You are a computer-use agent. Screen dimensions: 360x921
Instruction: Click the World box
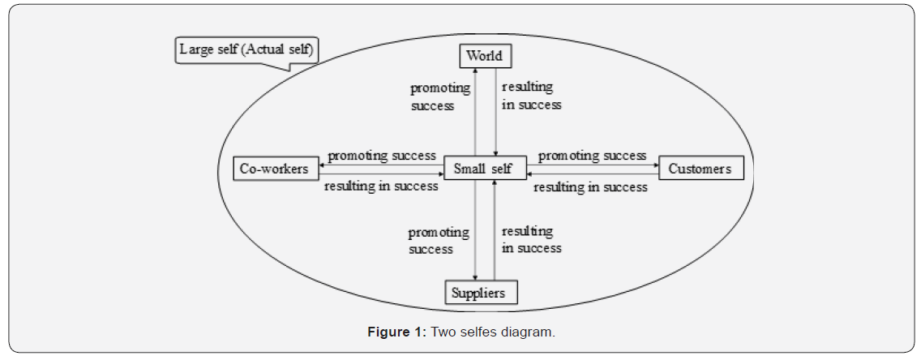coord(485,56)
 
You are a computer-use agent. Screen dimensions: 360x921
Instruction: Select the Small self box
coord(483,169)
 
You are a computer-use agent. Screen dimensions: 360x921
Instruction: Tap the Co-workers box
coord(274,169)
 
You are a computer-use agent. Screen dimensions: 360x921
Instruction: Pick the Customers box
coord(701,169)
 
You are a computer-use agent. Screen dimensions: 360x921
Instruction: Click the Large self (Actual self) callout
coord(247,50)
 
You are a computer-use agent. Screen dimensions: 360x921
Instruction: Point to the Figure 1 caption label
coord(396,332)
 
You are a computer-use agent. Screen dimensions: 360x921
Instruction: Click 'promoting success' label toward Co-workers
coord(382,155)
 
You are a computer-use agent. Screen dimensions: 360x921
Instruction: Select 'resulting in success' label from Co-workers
coord(381,186)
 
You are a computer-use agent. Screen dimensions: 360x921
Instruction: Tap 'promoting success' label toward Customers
coord(592,155)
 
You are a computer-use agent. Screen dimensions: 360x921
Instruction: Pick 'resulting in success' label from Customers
coord(590,186)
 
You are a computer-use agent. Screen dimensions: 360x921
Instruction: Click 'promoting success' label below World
coord(439,96)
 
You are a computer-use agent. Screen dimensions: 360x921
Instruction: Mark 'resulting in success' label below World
coord(531,96)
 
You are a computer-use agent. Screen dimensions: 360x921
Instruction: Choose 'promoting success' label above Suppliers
coord(439,241)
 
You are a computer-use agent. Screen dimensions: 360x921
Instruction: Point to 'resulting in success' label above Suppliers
coord(531,240)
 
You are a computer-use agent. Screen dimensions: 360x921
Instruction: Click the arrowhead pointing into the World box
coord(475,71)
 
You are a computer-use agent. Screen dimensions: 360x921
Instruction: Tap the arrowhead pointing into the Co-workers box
coord(321,164)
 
